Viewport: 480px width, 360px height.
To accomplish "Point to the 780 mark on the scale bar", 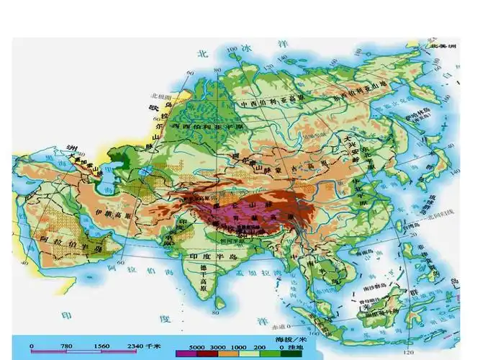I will click(66, 346).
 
